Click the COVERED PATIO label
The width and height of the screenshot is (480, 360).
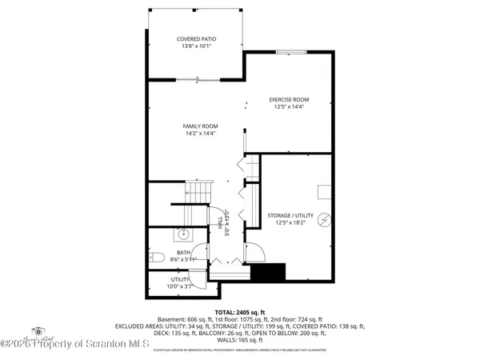coord(196,39)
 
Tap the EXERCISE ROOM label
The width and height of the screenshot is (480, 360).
coord(288,100)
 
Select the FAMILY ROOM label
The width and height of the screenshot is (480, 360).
coord(201,126)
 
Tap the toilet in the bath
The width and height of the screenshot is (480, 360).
coord(157,258)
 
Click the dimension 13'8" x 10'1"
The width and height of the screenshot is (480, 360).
coord(196,46)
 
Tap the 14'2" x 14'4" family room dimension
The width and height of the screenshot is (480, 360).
coord(201,134)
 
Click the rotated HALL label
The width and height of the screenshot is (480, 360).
coord(221,226)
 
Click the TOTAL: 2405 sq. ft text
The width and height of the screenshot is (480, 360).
coord(239,311)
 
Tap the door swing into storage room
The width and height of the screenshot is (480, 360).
coord(254,251)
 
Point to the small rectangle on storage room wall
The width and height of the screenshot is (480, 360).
coord(325,190)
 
